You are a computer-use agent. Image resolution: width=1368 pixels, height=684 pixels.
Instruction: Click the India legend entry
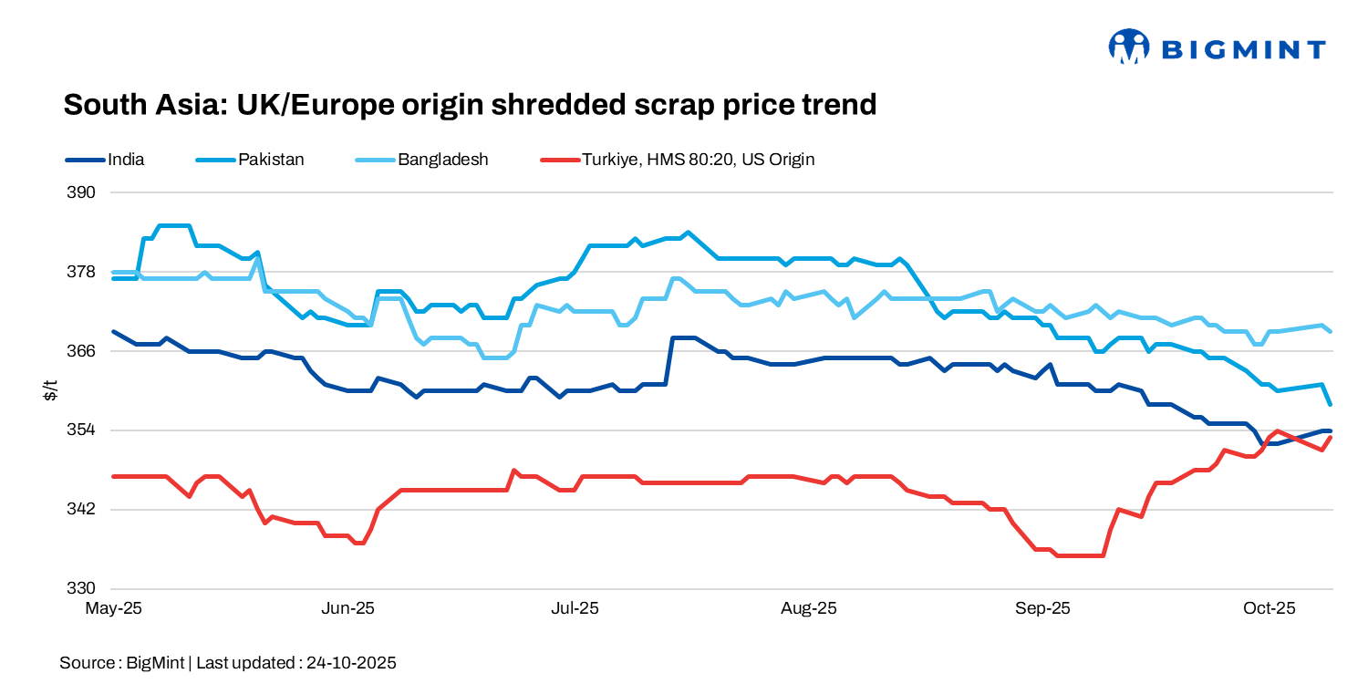[125, 160]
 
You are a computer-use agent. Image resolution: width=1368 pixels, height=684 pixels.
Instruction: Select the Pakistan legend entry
[271, 160]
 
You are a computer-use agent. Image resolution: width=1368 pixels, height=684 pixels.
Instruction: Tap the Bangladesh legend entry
[442, 160]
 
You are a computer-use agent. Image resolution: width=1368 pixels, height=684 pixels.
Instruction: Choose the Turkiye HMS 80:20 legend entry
[698, 160]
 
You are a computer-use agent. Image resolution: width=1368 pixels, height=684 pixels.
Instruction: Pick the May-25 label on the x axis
[113, 608]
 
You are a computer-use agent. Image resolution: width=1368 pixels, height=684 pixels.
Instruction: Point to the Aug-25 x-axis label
[809, 608]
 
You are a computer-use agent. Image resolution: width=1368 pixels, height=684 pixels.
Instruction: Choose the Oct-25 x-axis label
[1270, 608]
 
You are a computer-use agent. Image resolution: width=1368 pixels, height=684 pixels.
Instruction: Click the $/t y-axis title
[51, 391]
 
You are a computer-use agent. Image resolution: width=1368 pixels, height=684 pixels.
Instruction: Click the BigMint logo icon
[1128, 47]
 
